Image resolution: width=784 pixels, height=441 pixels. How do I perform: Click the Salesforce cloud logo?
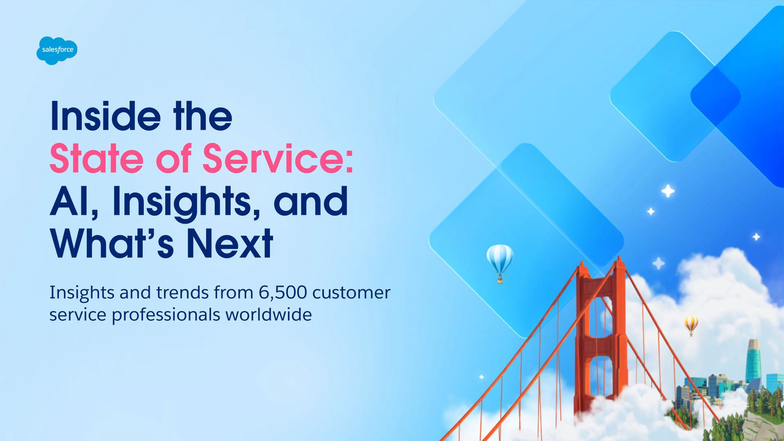[57, 50]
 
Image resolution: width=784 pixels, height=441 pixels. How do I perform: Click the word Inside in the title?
[106, 116]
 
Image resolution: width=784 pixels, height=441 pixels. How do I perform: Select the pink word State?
[97, 158]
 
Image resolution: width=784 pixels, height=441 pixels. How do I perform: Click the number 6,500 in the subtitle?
[283, 293]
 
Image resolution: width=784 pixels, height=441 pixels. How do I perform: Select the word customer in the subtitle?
[351, 293]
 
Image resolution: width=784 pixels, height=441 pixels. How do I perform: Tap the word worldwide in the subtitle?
[269, 314]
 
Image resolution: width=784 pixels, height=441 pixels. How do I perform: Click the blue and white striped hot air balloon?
[500, 263]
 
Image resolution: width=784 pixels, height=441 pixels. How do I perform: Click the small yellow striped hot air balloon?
[691, 325]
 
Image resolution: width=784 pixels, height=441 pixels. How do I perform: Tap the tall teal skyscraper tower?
[753, 361]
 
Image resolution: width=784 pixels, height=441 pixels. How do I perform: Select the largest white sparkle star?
[668, 191]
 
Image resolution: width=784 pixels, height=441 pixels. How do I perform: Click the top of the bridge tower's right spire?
[619, 257]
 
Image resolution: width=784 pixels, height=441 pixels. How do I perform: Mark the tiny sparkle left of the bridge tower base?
[482, 377]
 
